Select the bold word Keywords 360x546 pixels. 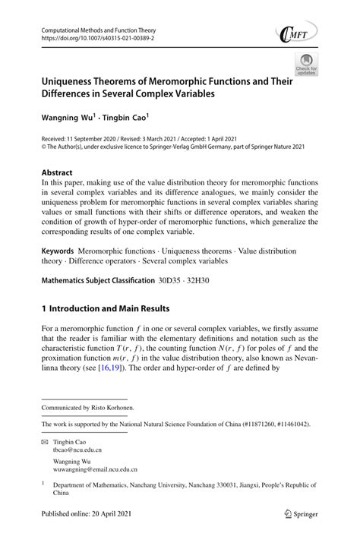point(62,250)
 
